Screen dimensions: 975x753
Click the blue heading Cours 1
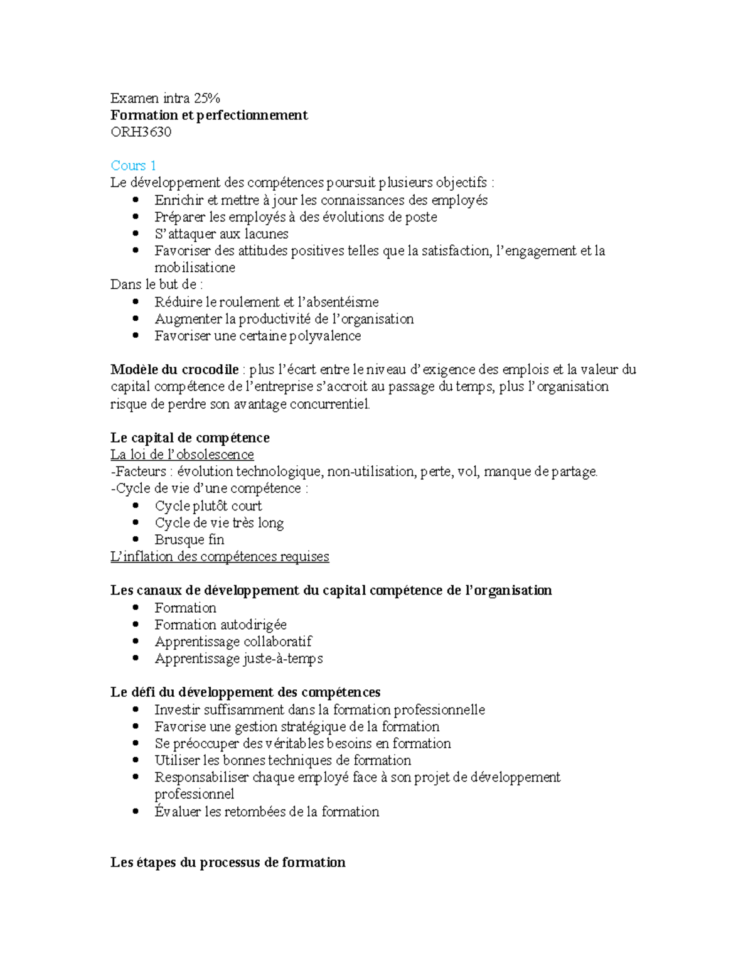coord(133,166)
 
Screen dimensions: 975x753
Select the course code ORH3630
coord(141,132)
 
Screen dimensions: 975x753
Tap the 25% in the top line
coord(207,98)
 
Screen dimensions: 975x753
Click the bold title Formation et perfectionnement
coord(209,115)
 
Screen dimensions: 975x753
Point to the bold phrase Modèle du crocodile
coord(174,370)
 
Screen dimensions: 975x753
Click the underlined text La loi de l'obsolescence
coord(182,455)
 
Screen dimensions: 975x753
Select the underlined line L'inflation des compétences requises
coord(220,557)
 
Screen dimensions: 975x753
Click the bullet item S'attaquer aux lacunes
coord(222,234)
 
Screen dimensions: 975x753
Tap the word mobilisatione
coord(195,268)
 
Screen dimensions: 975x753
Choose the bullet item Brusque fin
coord(190,540)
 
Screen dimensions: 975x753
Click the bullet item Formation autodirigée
coord(220,625)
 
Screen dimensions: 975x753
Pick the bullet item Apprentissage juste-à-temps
coord(238,659)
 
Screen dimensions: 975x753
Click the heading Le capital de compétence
coord(190,438)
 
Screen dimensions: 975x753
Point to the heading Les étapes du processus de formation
coord(228,863)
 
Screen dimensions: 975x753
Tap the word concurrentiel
coord(329,404)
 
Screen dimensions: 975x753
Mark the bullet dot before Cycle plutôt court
coord(136,505)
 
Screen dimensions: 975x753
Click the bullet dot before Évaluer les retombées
coord(136,811)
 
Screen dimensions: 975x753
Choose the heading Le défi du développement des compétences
coord(245,692)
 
